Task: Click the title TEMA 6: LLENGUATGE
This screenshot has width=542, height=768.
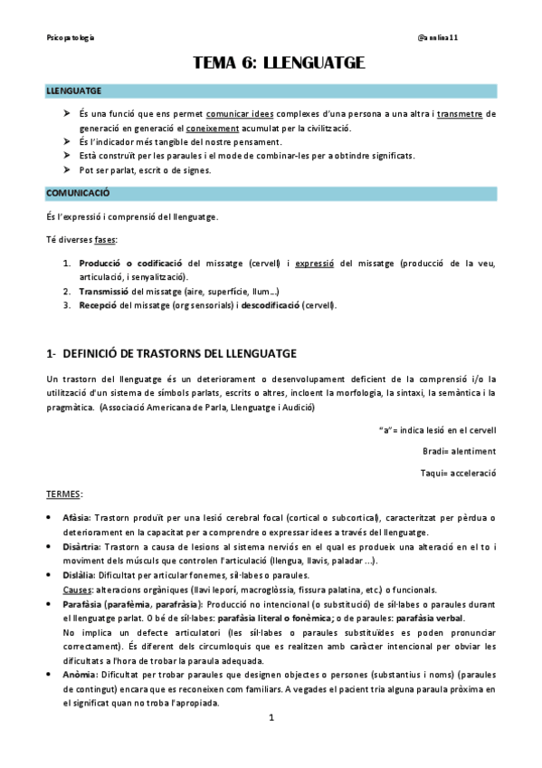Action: coord(278,62)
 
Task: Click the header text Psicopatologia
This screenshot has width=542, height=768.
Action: coord(71,37)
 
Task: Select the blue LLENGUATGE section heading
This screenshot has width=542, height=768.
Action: coord(74,91)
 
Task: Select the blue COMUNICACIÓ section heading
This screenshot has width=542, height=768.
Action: coord(78,193)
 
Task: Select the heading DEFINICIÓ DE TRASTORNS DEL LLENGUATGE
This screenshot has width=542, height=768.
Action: coord(177,351)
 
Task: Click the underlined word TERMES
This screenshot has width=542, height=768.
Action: coord(65,494)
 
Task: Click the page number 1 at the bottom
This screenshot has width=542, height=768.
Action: coord(271,744)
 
